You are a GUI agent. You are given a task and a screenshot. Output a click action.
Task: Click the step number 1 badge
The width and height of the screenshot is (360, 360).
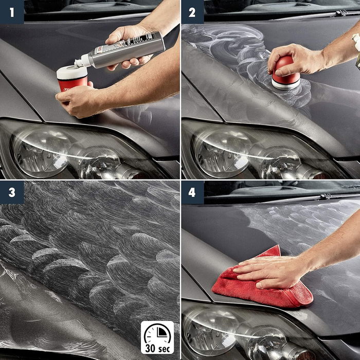11,12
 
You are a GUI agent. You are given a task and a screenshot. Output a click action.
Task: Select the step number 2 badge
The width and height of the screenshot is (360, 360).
192,12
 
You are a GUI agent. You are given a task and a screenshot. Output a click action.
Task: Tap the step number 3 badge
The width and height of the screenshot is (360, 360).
11,192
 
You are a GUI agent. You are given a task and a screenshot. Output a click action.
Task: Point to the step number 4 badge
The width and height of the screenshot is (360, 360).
192,192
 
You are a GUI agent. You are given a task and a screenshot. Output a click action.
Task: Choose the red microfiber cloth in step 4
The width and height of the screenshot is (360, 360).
267,285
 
